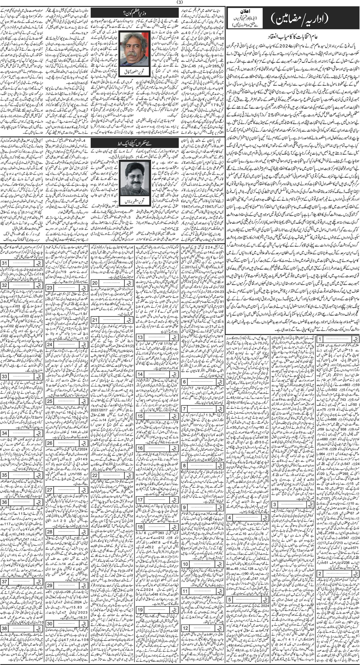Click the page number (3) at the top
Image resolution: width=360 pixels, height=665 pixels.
click(180, 3)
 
